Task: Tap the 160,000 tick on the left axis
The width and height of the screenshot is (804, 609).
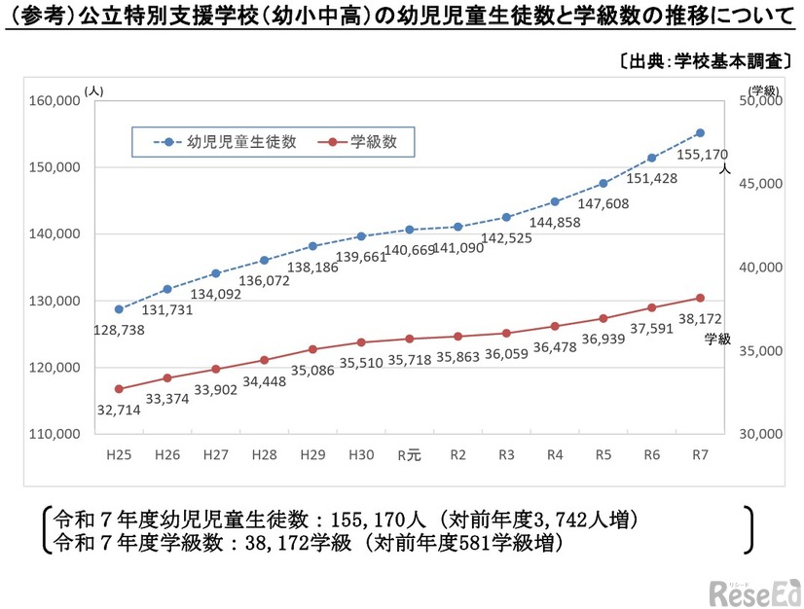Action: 54,100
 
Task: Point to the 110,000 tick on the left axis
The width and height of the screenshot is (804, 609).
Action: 54,434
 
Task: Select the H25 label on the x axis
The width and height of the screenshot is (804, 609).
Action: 119,453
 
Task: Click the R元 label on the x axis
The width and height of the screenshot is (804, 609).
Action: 409,453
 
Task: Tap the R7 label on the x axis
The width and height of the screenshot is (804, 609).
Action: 699,453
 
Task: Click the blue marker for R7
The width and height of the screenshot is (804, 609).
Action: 700,132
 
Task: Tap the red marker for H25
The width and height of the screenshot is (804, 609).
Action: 119,389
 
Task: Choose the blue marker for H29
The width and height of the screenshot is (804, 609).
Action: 312,246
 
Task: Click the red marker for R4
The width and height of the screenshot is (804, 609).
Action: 555,326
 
